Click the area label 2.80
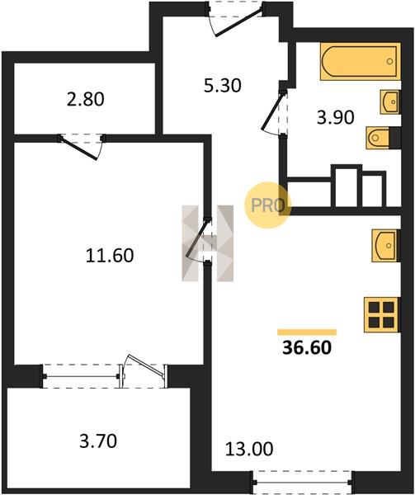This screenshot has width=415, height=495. pyautogui.click(x=86, y=100)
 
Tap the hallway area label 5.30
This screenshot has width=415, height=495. pyautogui.click(x=223, y=86)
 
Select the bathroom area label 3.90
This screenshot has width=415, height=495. pyautogui.click(x=336, y=117)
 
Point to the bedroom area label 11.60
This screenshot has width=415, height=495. pyautogui.click(x=110, y=256)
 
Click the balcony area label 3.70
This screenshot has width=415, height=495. pyautogui.click(x=98, y=441)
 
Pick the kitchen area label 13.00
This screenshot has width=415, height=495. pyautogui.click(x=249, y=449)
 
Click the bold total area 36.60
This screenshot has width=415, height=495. pyautogui.click(x=307, y=347)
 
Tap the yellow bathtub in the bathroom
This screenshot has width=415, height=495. pyautogui.click(x=361, y=61)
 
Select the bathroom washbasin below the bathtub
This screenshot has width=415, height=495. pyautogui.click(x=390, y=101)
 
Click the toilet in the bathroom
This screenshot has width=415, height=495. pyautogui.click(x=383, y=138)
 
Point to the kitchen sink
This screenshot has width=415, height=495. pyautogui.click(x=386, y=245)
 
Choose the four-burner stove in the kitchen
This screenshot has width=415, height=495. pyautogui.click(x=382, y=315)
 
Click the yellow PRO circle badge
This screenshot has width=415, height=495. pyautogui.click(x=267, y=205)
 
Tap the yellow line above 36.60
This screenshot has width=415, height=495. pyautogui.click(x=307, y=332)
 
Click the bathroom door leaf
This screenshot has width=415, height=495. pyautogui.click(x=274, y=111)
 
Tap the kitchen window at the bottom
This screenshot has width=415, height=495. pyautogui.click(x=302, y=482)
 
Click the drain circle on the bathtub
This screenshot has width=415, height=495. pyautogui.click(x=390, y=61)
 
